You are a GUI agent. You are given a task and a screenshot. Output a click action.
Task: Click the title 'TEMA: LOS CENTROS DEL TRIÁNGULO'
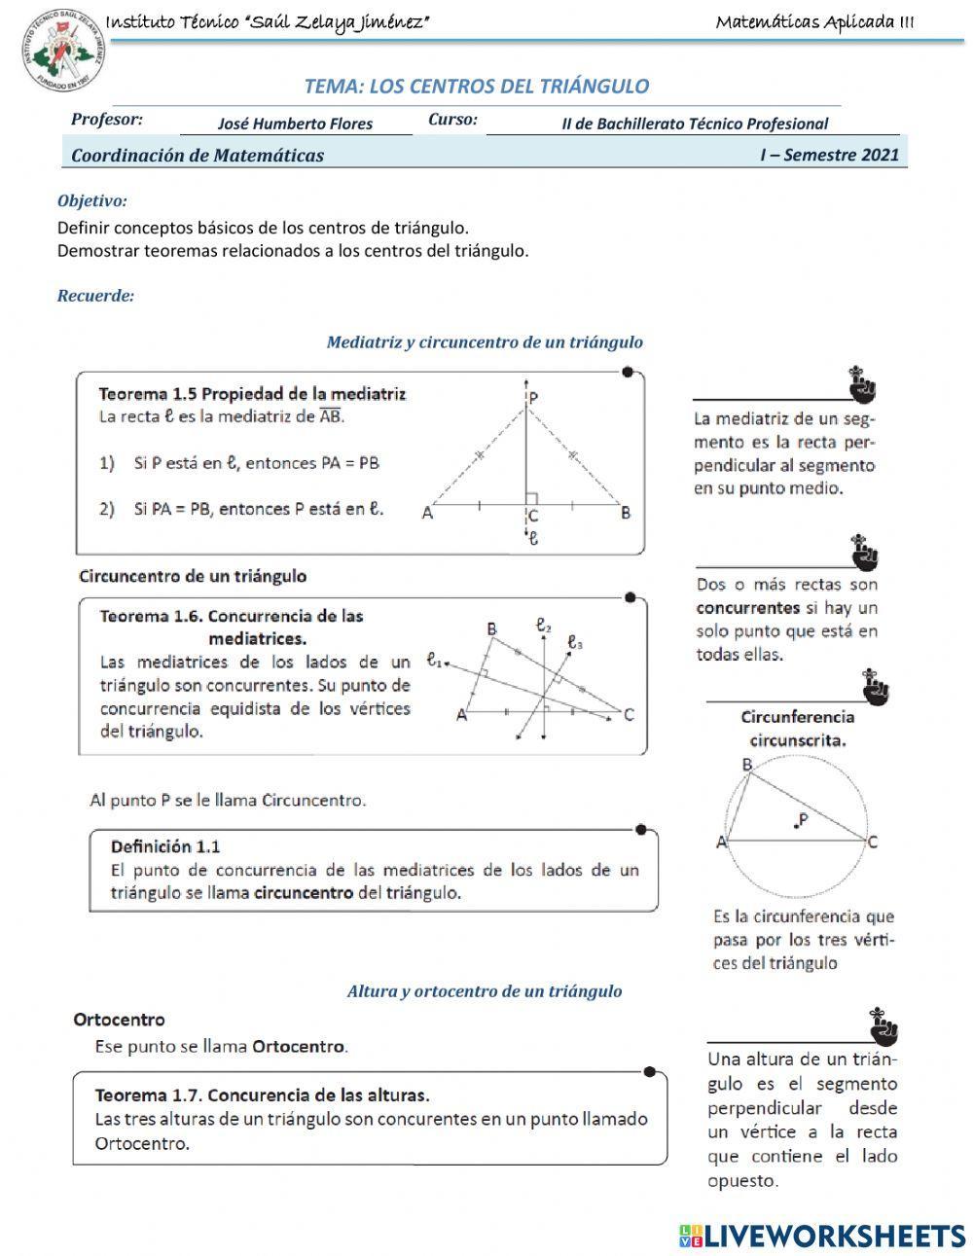click(x=477, y=86)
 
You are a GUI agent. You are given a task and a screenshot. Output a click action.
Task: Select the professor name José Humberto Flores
click(x=295, y=124)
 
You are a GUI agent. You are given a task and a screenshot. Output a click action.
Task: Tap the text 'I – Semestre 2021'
click(x=829, y=155)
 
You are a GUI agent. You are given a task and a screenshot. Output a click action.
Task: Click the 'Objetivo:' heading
click(x=92, y=201)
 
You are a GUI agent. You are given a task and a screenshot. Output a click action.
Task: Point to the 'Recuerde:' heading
click(x=95, y=296)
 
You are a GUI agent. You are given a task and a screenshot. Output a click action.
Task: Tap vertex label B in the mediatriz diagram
click(x=626, y=514)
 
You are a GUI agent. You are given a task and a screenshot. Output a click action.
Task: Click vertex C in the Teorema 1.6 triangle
click(x=629, y=715)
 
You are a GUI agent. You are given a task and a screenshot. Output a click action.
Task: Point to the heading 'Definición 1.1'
click(x=164, y=846)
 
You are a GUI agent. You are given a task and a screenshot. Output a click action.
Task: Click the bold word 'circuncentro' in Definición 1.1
click(x=303, y=892)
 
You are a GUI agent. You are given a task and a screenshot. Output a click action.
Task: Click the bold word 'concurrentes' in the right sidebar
click(x=747, y=608)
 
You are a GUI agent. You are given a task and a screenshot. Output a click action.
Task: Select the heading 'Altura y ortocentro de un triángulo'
click(x=484, y=991)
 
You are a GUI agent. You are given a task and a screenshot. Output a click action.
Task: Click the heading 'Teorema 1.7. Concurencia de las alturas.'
click(x=262, y=1095)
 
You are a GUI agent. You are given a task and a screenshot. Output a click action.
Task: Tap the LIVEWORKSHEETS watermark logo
click(x=822, y=1235)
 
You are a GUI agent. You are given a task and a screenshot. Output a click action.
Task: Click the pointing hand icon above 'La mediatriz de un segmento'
click(x=862, y=385)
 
